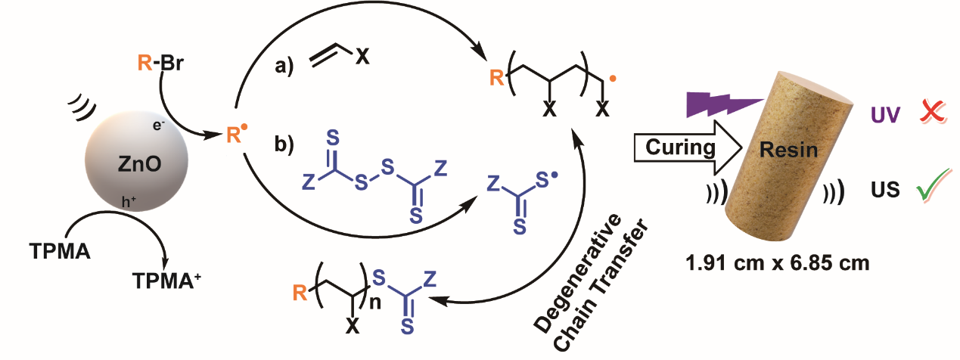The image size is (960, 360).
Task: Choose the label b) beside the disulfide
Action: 286,144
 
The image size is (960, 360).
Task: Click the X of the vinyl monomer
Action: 363,57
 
